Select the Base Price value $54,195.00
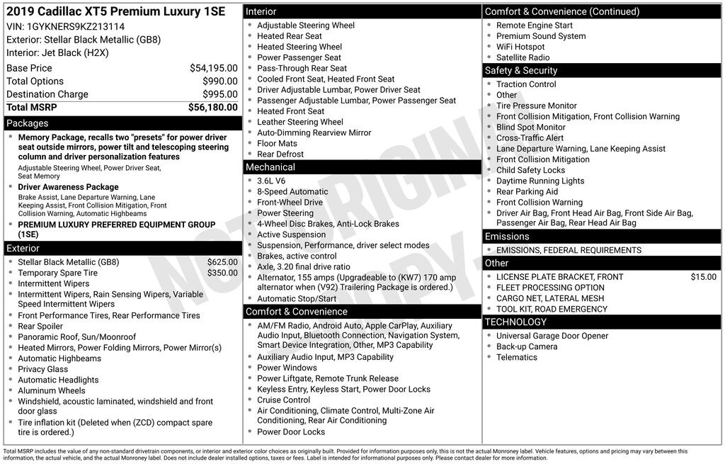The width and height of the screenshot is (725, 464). coord(213,68)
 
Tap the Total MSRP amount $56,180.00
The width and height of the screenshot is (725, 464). coord(212,107)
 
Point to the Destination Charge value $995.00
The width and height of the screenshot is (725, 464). coord(219,94)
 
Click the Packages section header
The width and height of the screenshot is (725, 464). coord(28,123)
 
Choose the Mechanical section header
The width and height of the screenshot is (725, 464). coord(270,167)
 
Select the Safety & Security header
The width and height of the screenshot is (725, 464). coord(521,71)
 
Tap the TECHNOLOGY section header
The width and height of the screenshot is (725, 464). coord(515,322)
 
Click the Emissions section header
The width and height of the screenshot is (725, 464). coord(507,237)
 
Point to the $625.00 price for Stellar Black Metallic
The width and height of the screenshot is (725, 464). coord(222,262)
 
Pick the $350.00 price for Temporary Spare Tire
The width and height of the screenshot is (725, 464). coord(222,273)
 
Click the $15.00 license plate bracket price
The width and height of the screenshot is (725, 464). coord(703,277)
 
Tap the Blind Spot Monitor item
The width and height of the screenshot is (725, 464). coord(531,128)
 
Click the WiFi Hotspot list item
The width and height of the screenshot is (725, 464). coord(520,47)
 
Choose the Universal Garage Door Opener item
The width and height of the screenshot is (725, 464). coord(552,336)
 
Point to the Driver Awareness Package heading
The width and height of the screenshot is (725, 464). coord(69,187)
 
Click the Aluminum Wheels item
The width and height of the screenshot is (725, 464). coord(52,390)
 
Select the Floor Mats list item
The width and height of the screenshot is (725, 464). coord(277,143)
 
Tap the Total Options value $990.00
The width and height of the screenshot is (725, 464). coord(219,81)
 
